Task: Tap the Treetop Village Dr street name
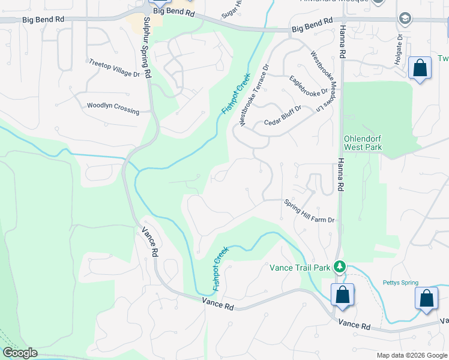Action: (114, 67)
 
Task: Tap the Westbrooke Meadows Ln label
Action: (320, 81)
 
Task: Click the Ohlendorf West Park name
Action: (363, 142)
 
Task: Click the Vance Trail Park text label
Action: (300, 267)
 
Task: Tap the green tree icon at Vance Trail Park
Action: (340, 266)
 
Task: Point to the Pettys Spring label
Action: (400, 283)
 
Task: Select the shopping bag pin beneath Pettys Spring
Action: (426, 299)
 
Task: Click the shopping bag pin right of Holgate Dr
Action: (420, 67)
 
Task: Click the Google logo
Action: (20, 353)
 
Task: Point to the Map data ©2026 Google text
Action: (411, 355)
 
